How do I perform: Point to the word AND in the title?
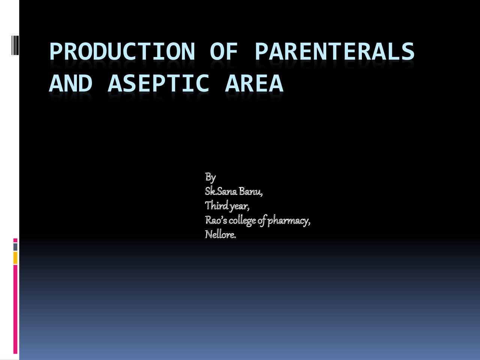coord(70,83)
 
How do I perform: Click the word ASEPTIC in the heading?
coord(159,83)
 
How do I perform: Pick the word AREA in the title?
coord(254,83)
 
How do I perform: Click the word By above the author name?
coord(210,177)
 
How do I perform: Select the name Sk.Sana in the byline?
coord(221,191)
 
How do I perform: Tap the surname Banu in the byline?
coord(250,192)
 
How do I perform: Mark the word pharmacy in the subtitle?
coord(289,221)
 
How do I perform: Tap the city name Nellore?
coord(220,235)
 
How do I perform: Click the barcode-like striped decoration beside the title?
coord(15,45)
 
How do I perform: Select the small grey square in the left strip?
coord(15,247)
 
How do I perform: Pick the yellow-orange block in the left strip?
coord(15,258)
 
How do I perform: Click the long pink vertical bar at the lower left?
coord(15,309)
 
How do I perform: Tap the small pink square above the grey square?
coord(15,240)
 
